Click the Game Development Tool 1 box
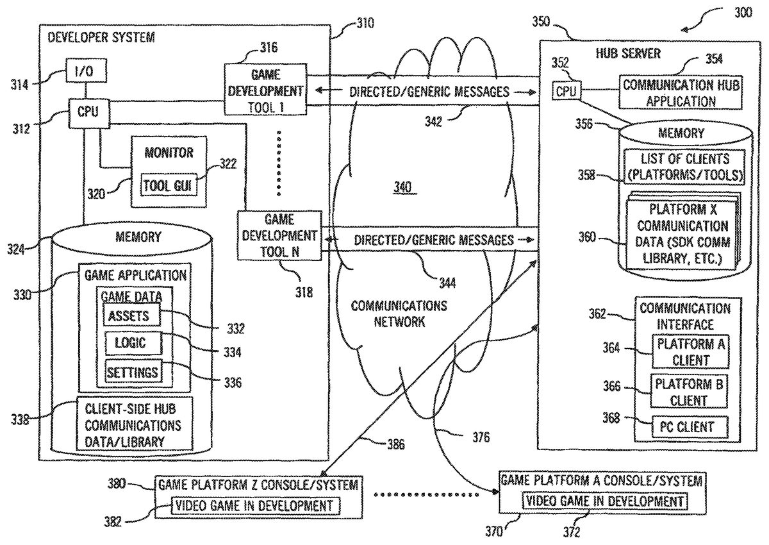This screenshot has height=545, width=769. [265, 90]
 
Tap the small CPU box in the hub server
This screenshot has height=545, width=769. [566, 90]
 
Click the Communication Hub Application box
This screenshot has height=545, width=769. [680, 92]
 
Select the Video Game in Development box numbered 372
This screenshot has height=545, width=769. [604, 501]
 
